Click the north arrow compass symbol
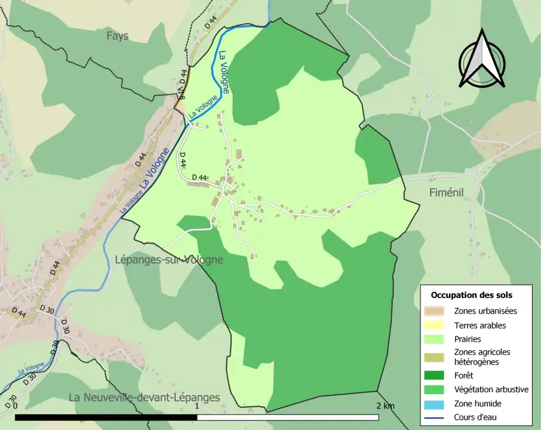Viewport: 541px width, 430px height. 482,59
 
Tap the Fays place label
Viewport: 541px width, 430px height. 118,36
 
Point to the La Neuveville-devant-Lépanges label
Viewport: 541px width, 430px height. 144,397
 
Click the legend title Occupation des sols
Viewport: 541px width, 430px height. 472,295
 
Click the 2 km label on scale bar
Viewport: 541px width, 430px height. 386,406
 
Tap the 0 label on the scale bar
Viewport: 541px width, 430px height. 15,406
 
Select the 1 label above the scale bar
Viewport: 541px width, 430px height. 197,406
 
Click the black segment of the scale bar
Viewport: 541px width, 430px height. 106,418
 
